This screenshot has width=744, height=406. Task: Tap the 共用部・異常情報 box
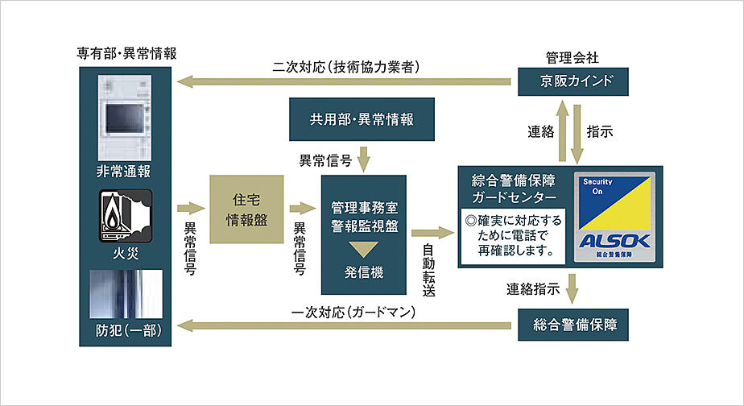pos(362,119)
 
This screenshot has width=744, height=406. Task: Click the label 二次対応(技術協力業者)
pos(347,67)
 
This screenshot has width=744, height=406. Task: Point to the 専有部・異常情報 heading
pos(126,53)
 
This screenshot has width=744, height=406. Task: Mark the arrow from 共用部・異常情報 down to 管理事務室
pos(364,156)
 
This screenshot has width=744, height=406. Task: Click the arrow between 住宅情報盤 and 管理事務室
pos(300,208)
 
